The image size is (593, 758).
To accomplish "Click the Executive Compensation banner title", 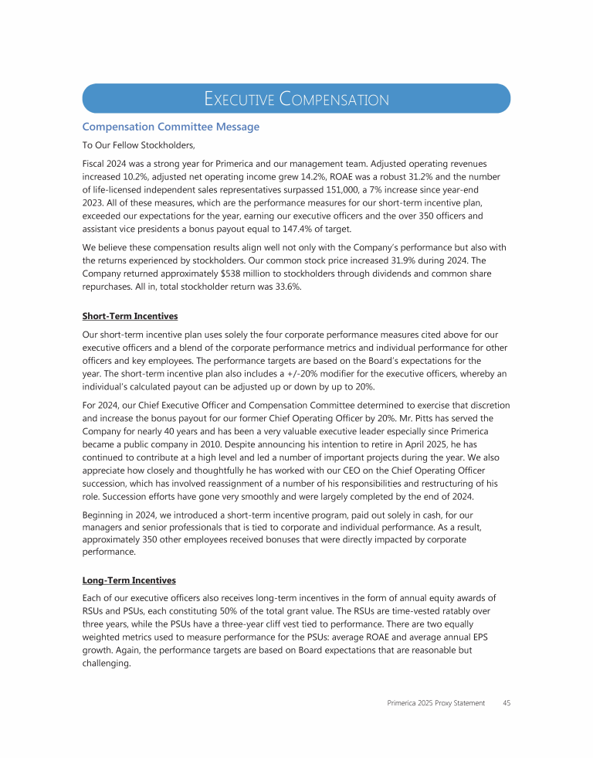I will click(296, 99).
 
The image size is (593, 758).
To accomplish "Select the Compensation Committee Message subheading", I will click(171, 127).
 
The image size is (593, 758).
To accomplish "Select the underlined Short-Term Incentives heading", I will click(129, 316).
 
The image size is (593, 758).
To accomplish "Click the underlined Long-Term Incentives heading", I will click(128, 580).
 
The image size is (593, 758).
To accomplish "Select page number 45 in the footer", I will click(506, 703).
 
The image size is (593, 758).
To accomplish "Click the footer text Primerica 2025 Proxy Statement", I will click(435, 703).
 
